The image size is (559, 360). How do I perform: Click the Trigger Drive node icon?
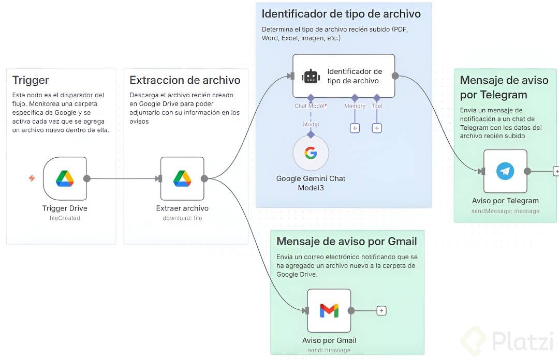(65, 178)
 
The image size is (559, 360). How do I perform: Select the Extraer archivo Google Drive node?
(182, 178)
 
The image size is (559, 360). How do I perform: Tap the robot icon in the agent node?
(311, 76)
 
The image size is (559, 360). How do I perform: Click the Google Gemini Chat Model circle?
(311, 153)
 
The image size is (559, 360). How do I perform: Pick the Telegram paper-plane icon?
(505, 171)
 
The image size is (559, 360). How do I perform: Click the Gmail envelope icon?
(329, 310)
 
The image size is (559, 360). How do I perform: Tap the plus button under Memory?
(355, 128)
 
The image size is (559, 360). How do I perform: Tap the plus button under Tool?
(377, 128)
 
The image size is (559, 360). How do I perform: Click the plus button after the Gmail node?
(381, 310)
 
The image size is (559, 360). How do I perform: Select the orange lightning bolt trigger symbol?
(32, 178)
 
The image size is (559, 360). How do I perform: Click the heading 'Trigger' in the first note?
(31, 80)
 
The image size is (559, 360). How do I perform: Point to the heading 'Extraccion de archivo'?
(185, 80)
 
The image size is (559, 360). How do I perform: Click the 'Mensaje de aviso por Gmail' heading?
(347, 241)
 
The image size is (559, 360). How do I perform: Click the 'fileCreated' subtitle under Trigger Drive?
(65, 218)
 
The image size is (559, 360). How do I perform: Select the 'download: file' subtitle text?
(182, 218)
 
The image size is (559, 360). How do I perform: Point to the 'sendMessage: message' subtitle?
(505, 211)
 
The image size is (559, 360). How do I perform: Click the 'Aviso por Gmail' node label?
(329, 340)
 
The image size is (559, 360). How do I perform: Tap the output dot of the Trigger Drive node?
(87, 178)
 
